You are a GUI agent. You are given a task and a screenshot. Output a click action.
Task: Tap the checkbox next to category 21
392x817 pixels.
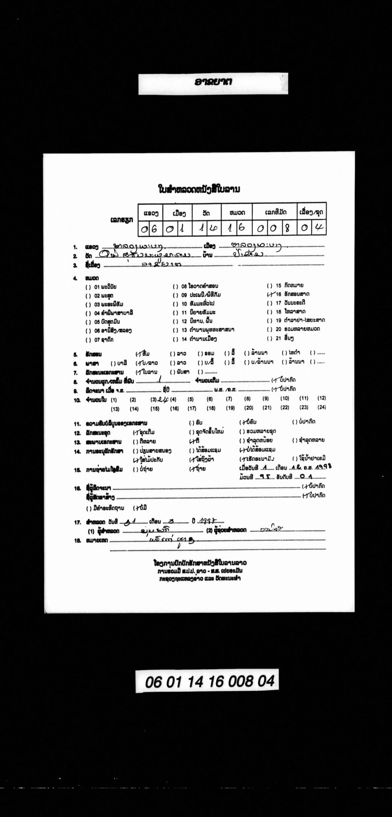269,338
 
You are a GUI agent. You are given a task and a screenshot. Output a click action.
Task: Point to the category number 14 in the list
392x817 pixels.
184,339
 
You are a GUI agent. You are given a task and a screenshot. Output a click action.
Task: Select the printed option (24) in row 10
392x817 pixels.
322,407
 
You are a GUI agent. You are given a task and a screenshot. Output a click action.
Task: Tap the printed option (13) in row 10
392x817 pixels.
115,409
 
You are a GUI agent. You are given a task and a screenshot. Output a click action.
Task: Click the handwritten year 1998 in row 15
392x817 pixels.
324,467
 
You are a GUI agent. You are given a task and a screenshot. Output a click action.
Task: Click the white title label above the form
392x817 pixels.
213,83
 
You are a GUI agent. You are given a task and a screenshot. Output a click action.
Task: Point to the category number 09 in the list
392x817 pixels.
184,295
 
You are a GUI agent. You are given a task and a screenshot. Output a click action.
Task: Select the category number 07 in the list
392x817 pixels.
97,339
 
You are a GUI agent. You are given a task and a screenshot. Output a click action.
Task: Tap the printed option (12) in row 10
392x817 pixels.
322,398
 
